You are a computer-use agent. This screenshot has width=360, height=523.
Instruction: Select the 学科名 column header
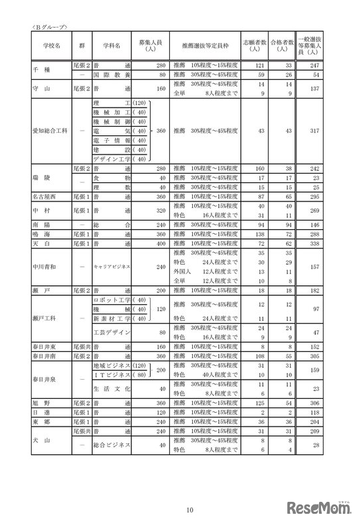(x=113, y=47)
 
